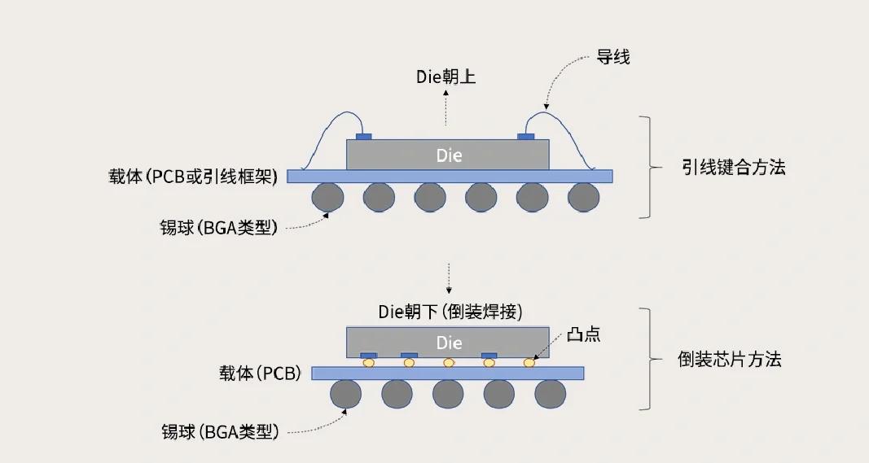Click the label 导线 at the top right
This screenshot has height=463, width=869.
612,58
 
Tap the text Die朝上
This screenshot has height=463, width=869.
445,77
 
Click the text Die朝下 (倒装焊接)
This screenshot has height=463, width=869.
450,312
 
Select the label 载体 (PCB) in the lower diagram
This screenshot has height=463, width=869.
260,373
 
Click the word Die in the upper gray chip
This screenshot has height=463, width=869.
449,155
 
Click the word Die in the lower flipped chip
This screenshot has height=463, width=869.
449,341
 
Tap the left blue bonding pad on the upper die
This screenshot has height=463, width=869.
364,136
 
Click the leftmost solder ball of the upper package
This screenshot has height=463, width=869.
328,197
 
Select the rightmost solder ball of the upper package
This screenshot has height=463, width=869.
583,197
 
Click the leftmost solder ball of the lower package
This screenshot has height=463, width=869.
346,395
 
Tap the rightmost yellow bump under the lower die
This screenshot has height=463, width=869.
529,363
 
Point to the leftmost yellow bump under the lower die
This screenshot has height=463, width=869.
369,363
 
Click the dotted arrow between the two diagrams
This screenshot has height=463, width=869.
449,278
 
